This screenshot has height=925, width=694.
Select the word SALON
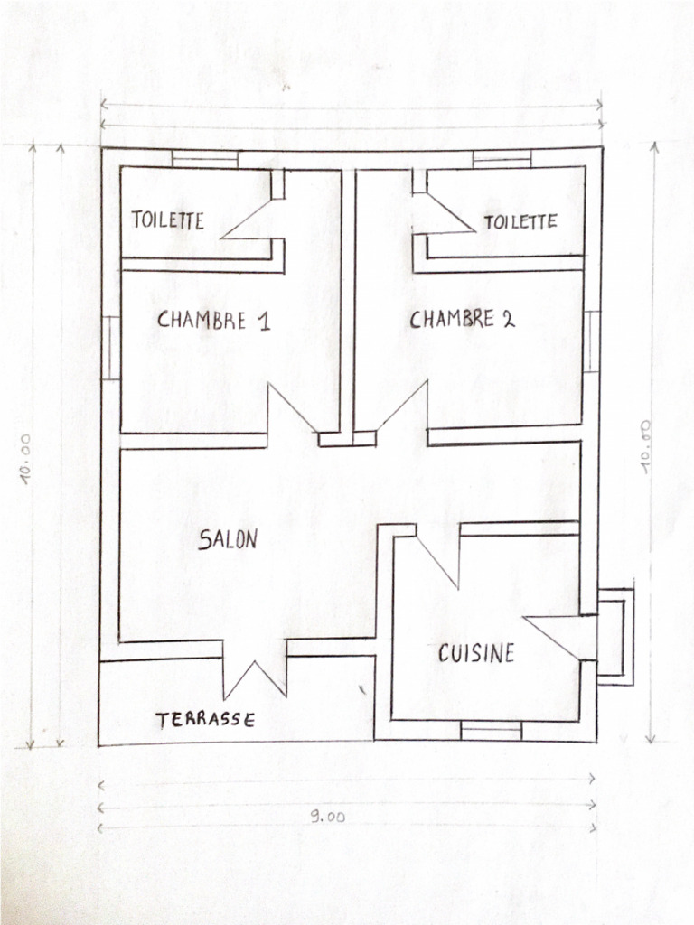pyautogui.click(x=228, y=539)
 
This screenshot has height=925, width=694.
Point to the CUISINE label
pyautogui.click(x=476, y=652)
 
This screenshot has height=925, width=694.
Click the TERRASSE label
pyautogui.click(x=204, y=720)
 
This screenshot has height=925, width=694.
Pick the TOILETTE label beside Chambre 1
pyautogui.click(x=168, y=220)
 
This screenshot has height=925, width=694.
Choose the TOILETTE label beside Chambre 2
pyautogui.click(x=520, y=221)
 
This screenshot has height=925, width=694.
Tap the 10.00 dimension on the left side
pyautogui.click(x=27, y=460)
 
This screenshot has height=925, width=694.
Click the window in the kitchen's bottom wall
pyautogui.click(x=491, y=729)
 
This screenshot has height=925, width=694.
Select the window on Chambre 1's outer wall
pyautogui.click(x=109, y=347)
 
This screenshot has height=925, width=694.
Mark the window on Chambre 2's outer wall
pyautogui.click(x=592, y=341)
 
